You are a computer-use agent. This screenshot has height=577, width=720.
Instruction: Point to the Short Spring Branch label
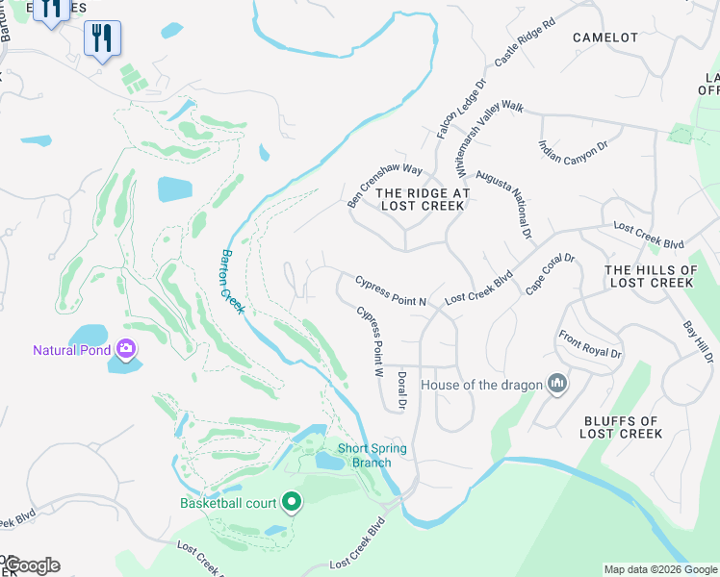(372, 456)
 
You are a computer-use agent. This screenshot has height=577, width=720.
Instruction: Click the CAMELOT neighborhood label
(604, 38)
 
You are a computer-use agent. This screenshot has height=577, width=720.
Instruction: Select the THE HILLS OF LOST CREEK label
(652, 277)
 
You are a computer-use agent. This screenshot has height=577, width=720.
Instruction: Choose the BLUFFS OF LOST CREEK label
(621, 427)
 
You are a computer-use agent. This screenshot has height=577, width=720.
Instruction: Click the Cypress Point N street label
(391, 291)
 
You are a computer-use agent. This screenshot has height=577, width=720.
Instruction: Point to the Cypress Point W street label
(371, 341)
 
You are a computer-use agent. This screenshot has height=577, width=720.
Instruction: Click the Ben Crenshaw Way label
(385, 186)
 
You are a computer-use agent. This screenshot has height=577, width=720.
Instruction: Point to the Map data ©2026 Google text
(659, 569)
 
